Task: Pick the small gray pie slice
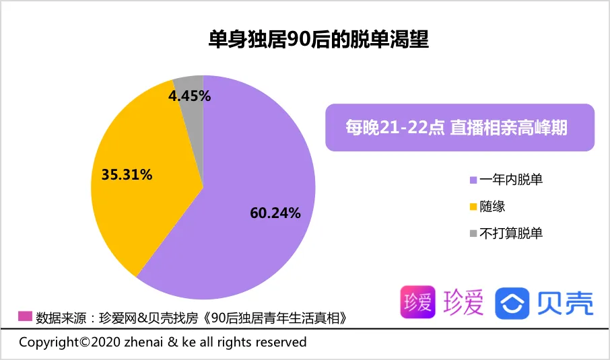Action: click(x=191, y=83)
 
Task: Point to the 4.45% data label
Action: click(x=189, y=96)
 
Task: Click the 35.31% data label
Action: click(x=127, y=175)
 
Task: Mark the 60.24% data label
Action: click(x=275, y=213)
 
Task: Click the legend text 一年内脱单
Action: click(x=512, y=180)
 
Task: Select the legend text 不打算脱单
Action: click(x=512, y=233)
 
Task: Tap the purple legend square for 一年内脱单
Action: click(x=473, y=180)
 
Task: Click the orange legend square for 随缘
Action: click(x=473, y=207)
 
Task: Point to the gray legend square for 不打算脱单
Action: click(x=473, y=234)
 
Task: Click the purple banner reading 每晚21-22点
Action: click(x=460, y=127)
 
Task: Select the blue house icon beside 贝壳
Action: click(x=512, y=303)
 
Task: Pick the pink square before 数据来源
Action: click(x=25, y=316)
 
